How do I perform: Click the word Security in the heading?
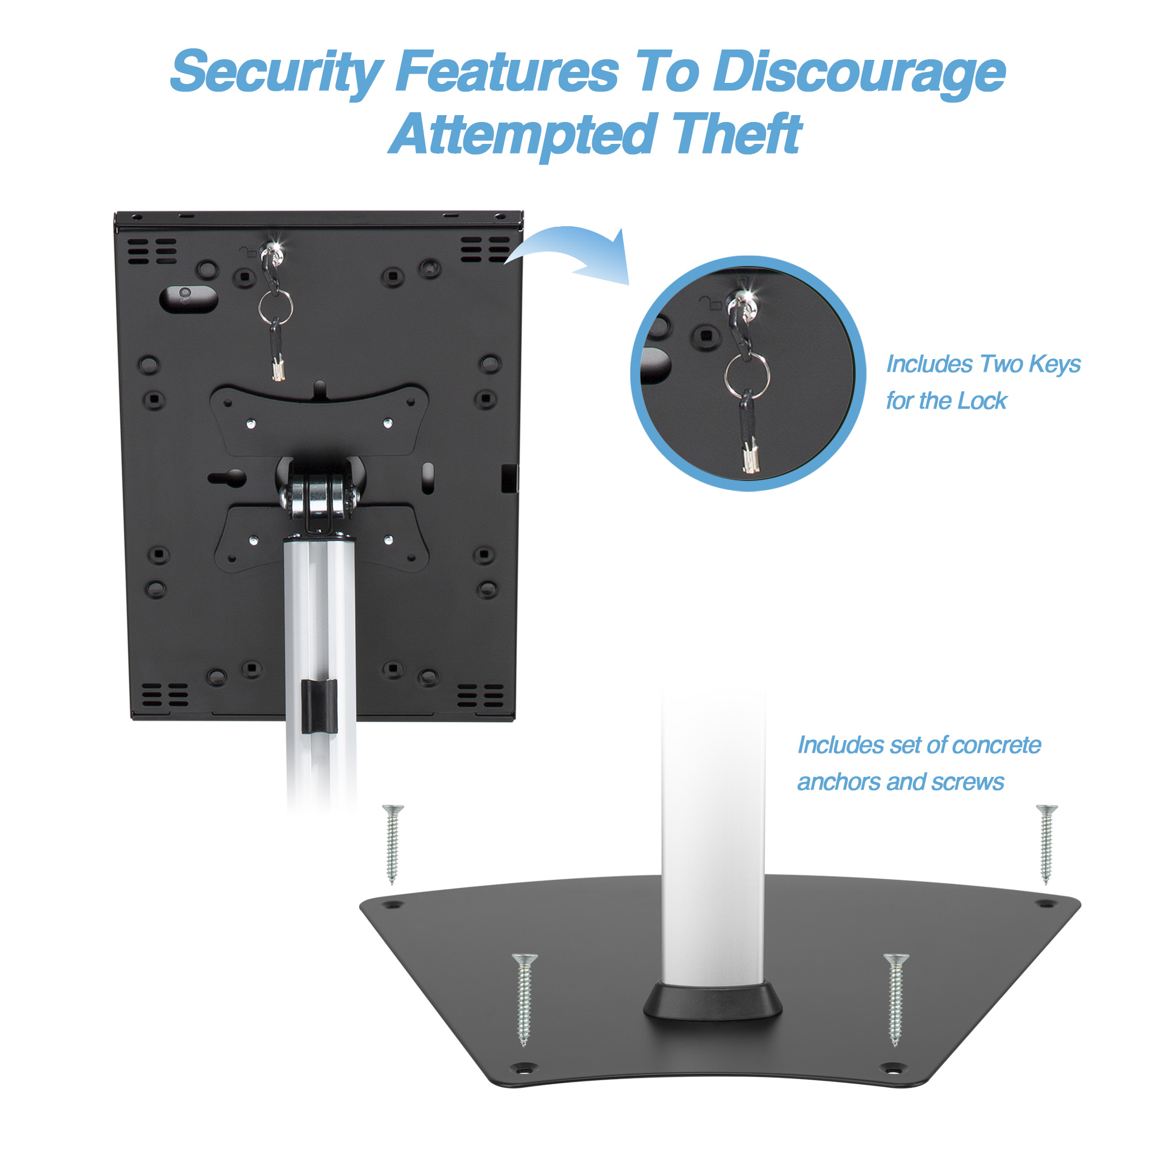tap(276, 73)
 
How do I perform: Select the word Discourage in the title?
tap(859, 73)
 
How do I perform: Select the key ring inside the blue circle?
tap(746, 374)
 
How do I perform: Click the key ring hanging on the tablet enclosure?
tap(275, 307)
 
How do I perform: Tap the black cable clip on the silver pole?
tap(319, 706)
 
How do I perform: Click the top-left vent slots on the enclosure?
tap(152, 251)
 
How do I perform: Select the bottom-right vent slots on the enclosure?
tap(480, 695)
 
